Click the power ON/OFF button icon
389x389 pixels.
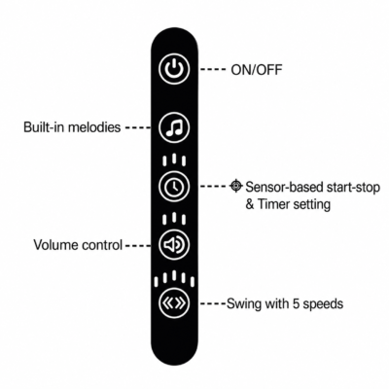click(x=174, y=69)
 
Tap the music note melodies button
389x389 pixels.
click(x=174, y=127)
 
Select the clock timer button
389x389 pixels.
click(x=174, y=187)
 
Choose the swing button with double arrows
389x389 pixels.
click(x=174, y=303)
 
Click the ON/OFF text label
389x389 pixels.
click(x=257, y=70)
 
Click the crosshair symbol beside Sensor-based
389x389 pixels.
click(x=236, y=186)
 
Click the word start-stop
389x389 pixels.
click(x=353, y=188)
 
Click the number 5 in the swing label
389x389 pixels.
click(x=297, y=303)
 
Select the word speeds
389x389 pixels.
click(x=323, y=304)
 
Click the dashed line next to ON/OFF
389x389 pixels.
click(x=213, y=69)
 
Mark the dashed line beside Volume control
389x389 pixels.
click(x=138, y=246)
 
